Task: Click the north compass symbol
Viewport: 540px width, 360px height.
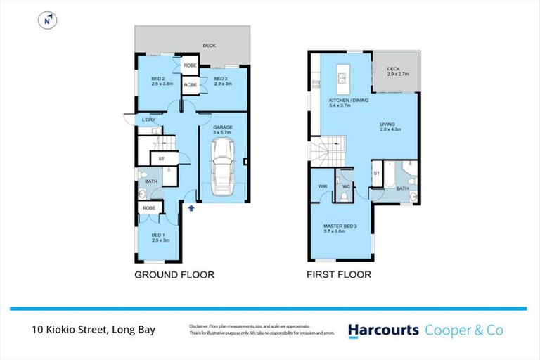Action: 47,21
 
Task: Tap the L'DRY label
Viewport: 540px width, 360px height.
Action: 148,120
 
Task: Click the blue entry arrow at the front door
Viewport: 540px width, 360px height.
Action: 191,207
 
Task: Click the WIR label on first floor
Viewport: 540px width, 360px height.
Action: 322,186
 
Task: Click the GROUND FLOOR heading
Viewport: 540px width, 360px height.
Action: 174,275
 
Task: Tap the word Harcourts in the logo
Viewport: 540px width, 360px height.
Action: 383,330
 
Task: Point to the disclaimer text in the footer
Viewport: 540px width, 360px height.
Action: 260,330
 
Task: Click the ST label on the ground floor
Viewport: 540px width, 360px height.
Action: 161,159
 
